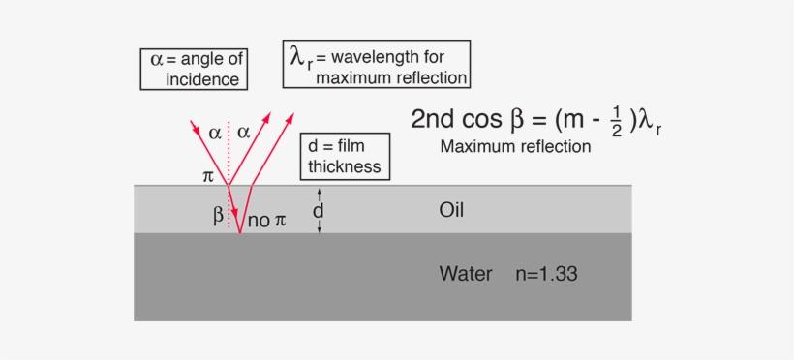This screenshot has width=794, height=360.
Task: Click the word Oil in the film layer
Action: pos(453,209)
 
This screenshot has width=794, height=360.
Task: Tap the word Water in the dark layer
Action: pos(466,273)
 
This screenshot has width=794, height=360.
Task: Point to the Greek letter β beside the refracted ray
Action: pos(219,214)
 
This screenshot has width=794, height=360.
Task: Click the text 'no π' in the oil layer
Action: pos(267,221)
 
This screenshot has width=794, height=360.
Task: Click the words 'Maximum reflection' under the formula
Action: pos(514,147)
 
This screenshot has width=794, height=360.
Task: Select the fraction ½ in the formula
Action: pos(617,121)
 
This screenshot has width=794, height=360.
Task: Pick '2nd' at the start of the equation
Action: pos(432,119)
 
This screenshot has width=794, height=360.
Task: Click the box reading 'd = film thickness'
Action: pos(346,156)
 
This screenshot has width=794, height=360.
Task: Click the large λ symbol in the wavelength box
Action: pos(299,59)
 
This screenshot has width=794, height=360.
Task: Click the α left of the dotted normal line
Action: pos(215,133)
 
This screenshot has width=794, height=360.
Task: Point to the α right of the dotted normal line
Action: pos(244,133)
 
